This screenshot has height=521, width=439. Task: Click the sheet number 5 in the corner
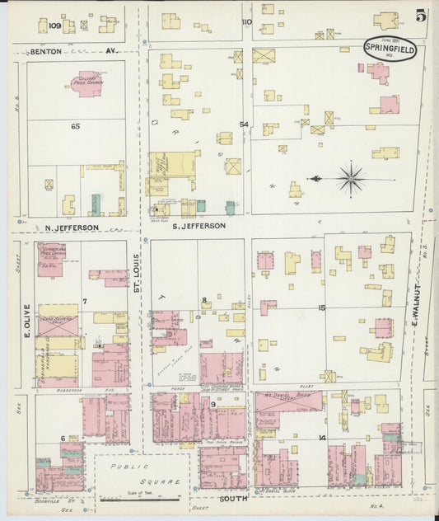pos(421,16)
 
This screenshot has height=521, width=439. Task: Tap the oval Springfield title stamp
pos(390,49)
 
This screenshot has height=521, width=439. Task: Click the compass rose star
pos(351,177)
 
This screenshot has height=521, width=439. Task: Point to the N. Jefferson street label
pos(72,227)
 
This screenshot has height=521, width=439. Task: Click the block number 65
pos(75,126)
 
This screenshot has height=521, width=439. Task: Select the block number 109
pos(55,26)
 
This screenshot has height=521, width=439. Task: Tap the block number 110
pos(246,22)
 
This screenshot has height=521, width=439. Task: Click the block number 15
pos(322,307)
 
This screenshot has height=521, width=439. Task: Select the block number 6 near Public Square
pos(63,437)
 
